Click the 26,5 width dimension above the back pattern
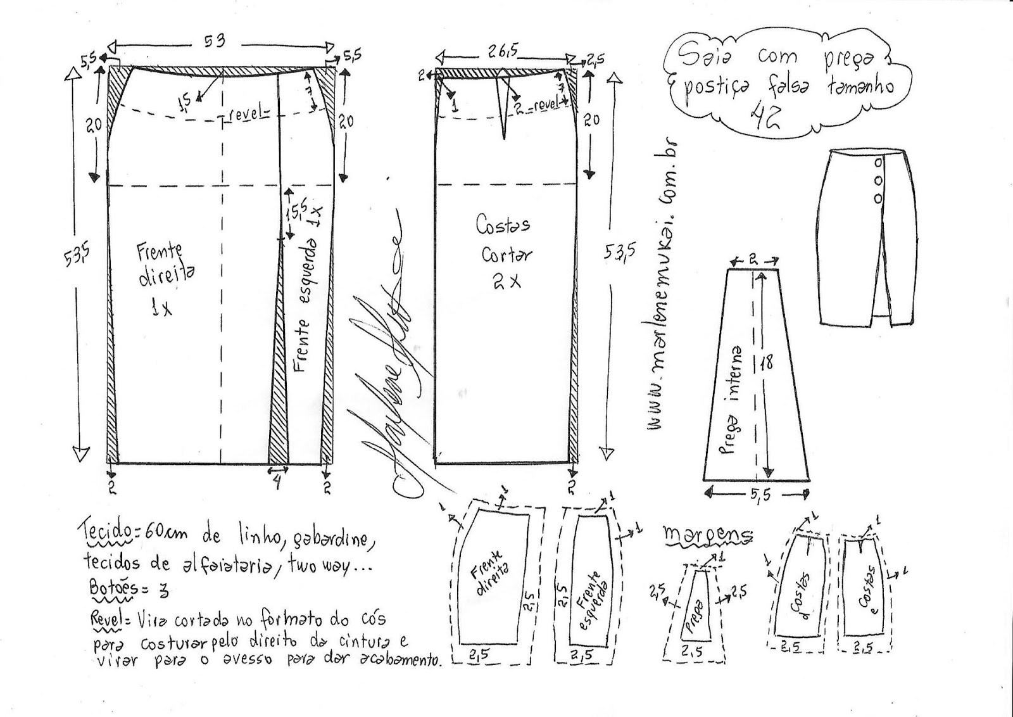tap(503, 52)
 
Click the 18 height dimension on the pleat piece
tap(767, 363)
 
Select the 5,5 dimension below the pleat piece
tap(759, 495)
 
